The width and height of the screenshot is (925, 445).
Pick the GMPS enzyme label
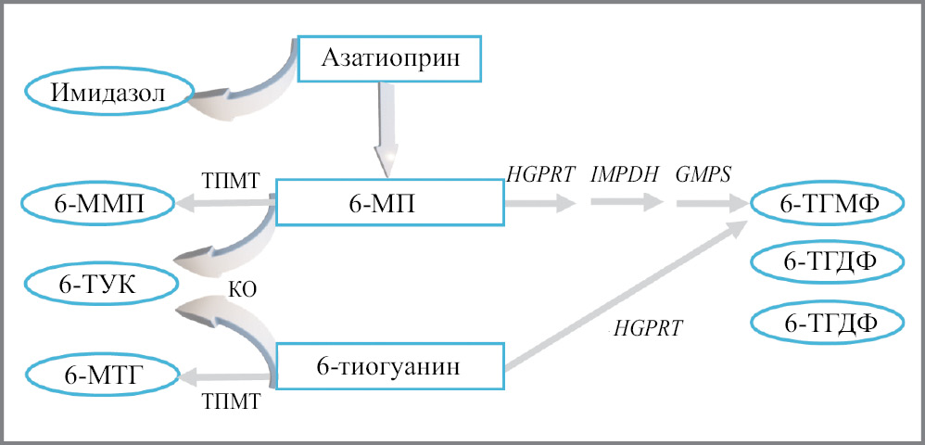tap(704, 172)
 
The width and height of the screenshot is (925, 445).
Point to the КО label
tap(241, 289)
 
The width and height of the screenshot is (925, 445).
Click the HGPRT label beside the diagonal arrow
tap(648, 326)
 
